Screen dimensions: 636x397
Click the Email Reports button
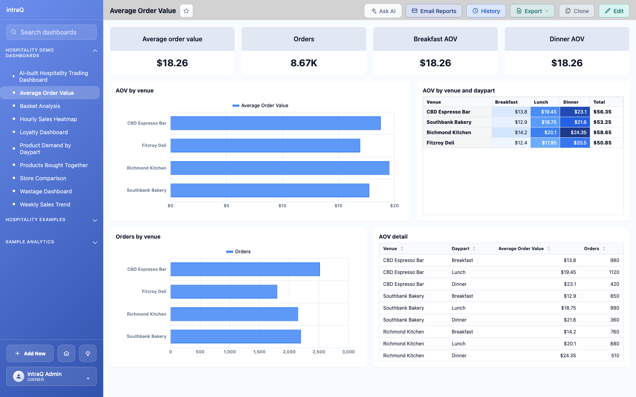click(434, 11)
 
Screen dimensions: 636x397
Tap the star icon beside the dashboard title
click(186, 11)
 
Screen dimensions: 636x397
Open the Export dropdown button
click(532, 11)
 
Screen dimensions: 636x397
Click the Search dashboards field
click(51, 32)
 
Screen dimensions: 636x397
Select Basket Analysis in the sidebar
click(40, 106)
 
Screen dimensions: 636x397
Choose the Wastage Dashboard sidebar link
click(46, 191)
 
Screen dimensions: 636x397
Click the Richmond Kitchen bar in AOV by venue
click(280, 168)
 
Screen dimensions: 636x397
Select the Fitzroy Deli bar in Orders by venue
click(224, 291)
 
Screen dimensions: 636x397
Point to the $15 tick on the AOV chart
click(338, 206)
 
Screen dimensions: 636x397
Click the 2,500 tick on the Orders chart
click(318, 352)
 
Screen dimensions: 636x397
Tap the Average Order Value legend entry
click(260, 106)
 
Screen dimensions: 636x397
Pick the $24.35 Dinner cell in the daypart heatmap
click(575, 133)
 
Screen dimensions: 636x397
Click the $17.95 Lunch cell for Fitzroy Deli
click(545, 143)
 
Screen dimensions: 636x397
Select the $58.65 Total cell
click(602, 133)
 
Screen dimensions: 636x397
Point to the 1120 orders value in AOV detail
click(614, 272)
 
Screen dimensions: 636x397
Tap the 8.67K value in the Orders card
click(304, 63)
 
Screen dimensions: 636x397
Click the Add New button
click(30, 353)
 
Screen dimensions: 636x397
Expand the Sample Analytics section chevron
click(95, 243)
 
